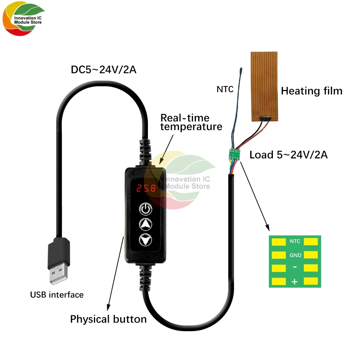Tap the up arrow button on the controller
click(x=146, y=224)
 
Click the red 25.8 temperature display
click(x=146, y=188)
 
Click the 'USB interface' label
click(x=57, y=295)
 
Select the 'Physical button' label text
click(x=108, y=319)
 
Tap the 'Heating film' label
click(x=311, y=91)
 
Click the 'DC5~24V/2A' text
click(x=103, y=70)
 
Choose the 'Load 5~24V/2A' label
click(x=288, y=155)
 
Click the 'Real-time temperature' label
click(x=191, y=122)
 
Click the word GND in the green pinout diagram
click(x=295, y=255)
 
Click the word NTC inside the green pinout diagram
click(x=295, y=242)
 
